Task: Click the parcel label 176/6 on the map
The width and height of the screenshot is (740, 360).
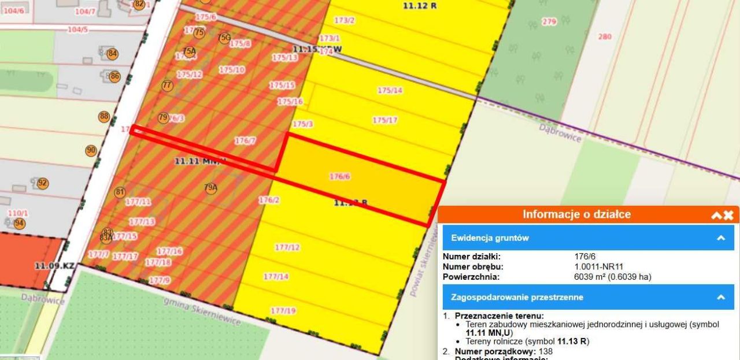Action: (x=340, y=177)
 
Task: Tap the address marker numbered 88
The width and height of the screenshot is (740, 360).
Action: (x=104, y=116)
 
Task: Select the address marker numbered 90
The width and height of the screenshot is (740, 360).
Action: (x=91, y=151)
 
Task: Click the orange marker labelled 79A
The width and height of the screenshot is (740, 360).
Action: (x=210, y=187)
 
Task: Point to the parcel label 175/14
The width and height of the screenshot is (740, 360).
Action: (x=390, y=90)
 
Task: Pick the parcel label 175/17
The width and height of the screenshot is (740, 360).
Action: (x=385, y=120)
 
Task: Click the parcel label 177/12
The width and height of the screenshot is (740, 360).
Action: (x=287, y=247)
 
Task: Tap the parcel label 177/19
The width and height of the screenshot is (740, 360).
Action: (x=283, y=310)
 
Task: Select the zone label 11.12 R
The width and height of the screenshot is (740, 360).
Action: (x=420, y=5)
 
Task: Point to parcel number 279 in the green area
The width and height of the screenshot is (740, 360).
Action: (x=549, y=21)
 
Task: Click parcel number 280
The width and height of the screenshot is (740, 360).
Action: (x=605, y=36)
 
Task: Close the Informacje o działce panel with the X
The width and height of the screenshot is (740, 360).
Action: (x=728, y=215)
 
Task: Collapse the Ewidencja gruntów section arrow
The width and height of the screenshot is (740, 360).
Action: (x=721, y=237)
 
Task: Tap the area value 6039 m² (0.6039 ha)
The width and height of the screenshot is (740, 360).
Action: (x=612, y=277)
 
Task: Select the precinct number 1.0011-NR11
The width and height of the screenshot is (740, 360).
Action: (x=601, y=266)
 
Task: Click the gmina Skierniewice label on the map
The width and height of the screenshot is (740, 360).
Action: (x=202, y=312)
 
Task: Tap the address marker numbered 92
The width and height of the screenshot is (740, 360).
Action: (x=43, y=183)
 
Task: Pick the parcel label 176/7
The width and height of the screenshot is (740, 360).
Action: (x=245, y=140)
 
